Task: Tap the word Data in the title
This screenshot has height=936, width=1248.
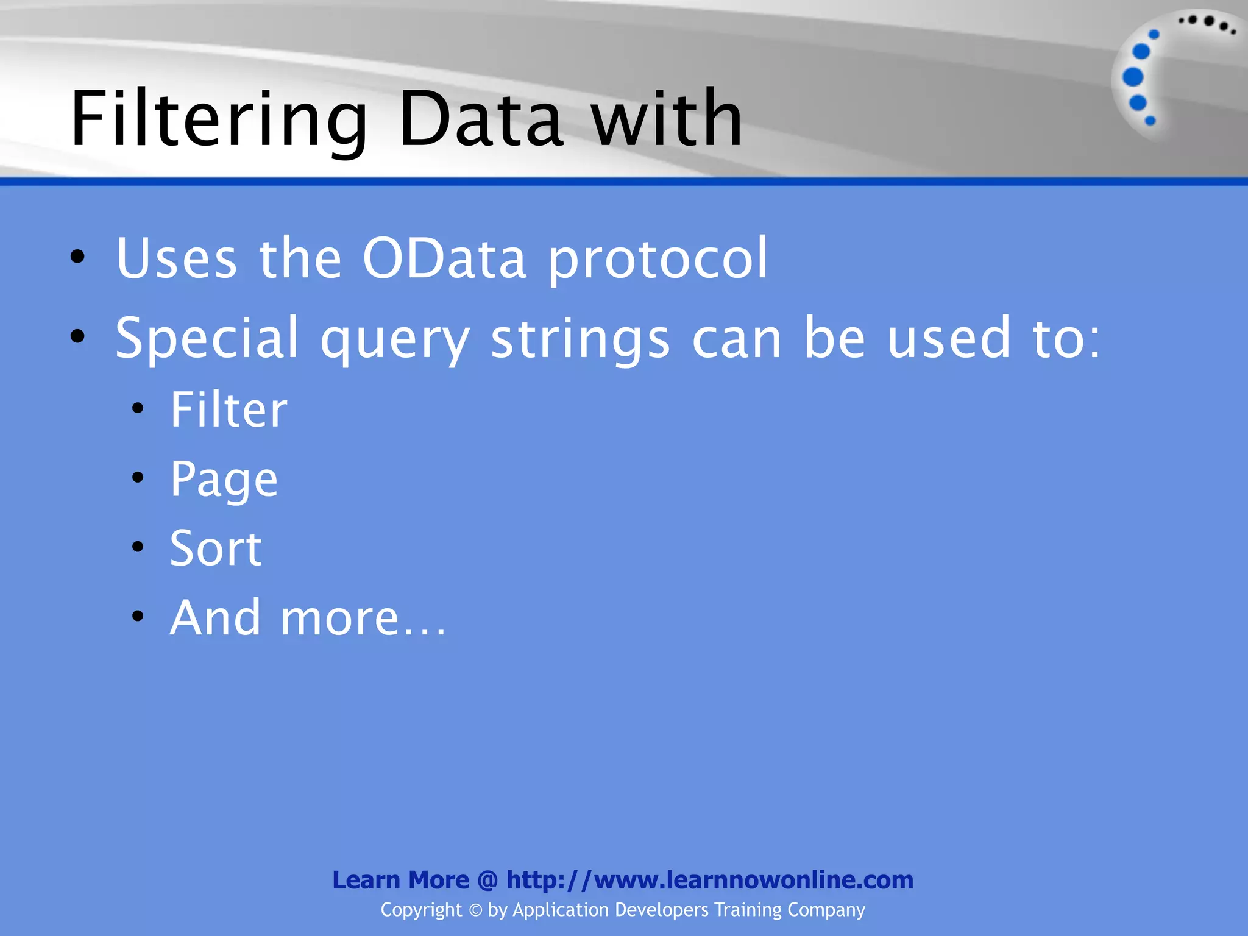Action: pyautogui.click(x=481, y=119)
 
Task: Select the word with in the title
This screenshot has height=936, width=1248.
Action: pyautogui.click(x=667, y=119)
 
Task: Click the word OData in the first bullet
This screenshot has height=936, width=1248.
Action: pyautogui.click(x=444, y=258)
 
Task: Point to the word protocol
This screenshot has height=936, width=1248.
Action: pyautogui.click(x=658, y=260)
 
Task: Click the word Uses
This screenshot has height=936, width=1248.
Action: pyautogui.click(x=177, y=258)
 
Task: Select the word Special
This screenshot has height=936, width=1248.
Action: pyautogui.click(x=207, y=339)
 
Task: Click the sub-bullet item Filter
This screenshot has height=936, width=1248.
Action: pyautogui.click(x=229, y=409)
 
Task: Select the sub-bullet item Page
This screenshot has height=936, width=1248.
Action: pyautogui.click(x=224, y=480)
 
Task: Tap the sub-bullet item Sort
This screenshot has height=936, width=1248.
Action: pyautogui.click(x=216, y=548)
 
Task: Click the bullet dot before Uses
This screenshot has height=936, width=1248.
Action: pyautogui.click(x=77, y=257)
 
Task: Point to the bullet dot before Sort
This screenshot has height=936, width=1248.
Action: pyautogui.click(x=138, y=547)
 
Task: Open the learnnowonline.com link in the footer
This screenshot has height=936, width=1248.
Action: pyautogui.click(x=710, y=880)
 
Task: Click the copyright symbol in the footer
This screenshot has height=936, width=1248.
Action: pyautogui.click(x=475, y=910)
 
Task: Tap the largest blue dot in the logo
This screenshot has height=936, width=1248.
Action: pyautogui.click(x=1133, y=77)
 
